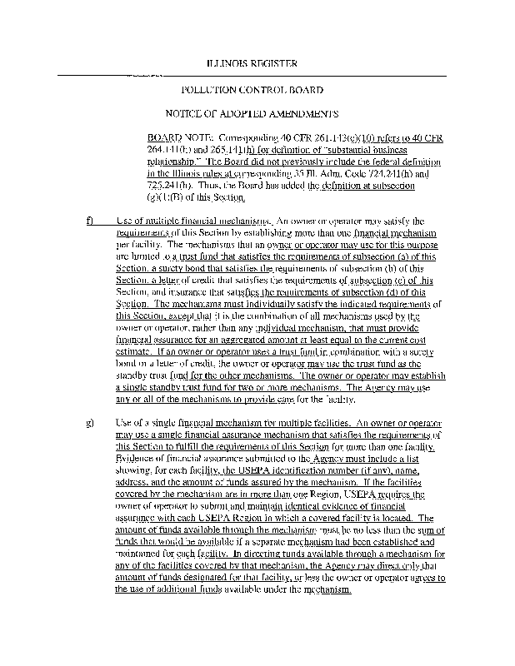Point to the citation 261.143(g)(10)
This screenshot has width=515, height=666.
tap(314, 134)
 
